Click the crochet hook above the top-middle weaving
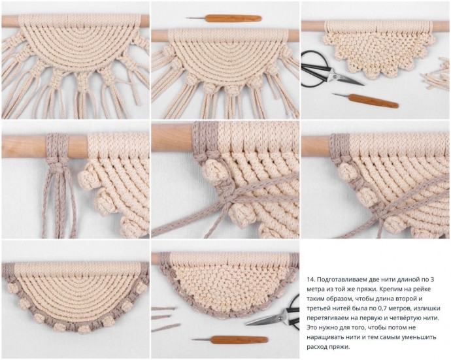point(224,18)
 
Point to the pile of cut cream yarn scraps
point(435,74)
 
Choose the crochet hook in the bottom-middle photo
point(230,340)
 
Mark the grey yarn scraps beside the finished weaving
point(165,319)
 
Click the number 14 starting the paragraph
point(310,279)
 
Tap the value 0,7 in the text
point(393,308)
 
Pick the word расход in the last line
point(317,347)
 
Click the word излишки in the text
point(427,308)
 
